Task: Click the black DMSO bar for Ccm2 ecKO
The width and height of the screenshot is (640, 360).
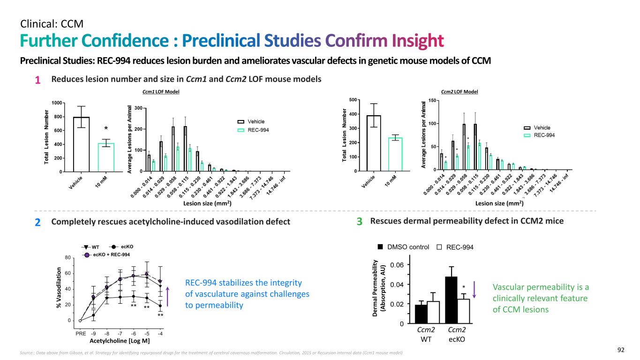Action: pos(451,300)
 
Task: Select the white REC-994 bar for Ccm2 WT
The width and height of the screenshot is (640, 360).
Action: pos(432,312)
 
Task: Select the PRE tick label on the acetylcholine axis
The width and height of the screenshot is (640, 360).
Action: pos(80,334)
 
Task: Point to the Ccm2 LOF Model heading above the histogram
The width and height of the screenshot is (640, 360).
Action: pos(459,92)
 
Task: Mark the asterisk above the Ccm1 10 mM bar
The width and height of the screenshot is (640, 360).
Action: pos(106,128)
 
